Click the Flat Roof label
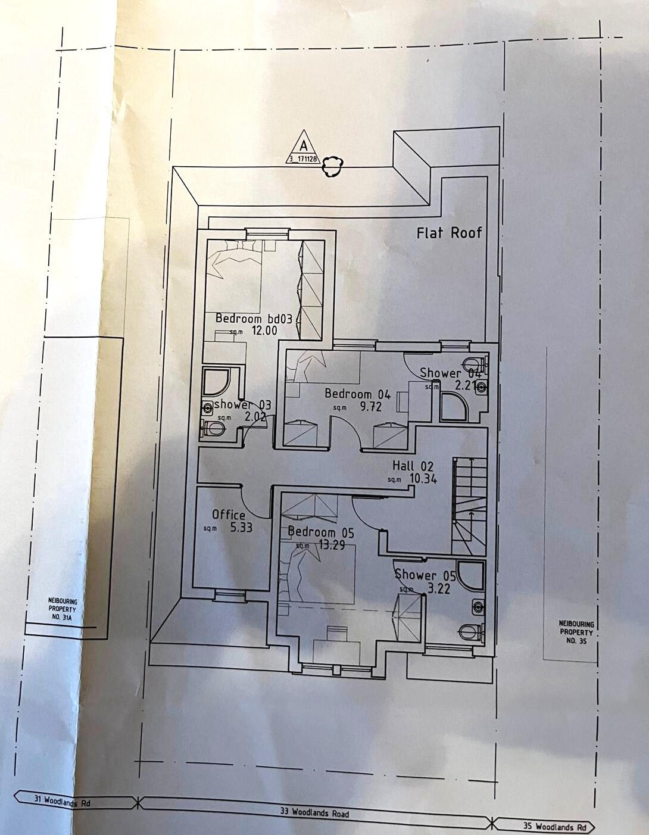pos(449,232)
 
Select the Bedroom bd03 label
pos(254,319)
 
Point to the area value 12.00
pos(264,331)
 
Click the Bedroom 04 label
pos(357,394)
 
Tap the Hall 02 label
pos(413,466)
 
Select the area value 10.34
pos(423,478)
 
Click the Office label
pos(229,515)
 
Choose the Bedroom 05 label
pos(321,532)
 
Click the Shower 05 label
pos(425,575)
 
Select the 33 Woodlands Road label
pos(314,811)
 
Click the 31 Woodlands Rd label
pos(55,802)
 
